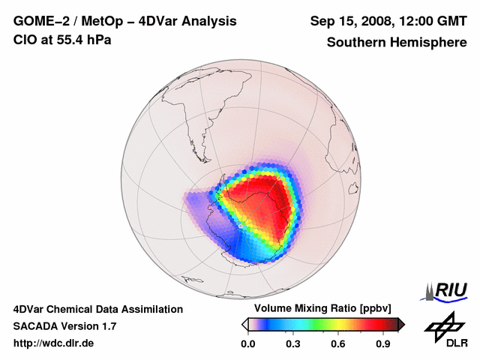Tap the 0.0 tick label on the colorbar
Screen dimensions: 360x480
point(248,344)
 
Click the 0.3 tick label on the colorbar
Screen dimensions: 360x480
point(293,344)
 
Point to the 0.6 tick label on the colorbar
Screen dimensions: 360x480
point(338,344)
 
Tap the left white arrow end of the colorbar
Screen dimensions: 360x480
point(244,324)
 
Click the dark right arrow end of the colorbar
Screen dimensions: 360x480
point(401,324)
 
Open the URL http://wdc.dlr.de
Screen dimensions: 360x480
point(54,343)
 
